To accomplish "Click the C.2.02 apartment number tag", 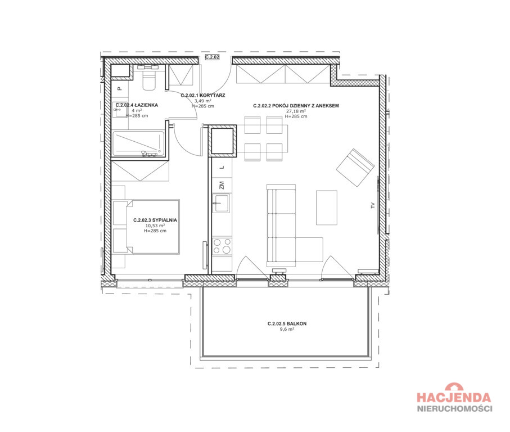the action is coord(212,57).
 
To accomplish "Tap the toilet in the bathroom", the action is coord(150,80).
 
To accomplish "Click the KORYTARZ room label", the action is coord(213,95).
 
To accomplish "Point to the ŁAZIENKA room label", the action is coord(146,105).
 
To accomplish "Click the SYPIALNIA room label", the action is coord(165,220).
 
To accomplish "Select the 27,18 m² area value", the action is coord(296,111).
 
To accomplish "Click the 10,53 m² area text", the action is coord(155,226).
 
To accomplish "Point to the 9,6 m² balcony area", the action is coord(287,329).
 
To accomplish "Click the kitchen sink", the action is coord(221,203).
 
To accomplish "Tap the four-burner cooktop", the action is coord(222,246).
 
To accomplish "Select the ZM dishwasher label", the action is coord(222,185).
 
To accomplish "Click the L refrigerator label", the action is coord(222,167).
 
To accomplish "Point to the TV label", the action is coord(373,205).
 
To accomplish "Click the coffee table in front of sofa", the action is coord(327,208).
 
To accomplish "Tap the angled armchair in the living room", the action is coord(355,168).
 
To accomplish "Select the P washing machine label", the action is coord(119,88).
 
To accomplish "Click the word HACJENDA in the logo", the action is coord(454,397).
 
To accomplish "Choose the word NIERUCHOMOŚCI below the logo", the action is coord(455,408).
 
